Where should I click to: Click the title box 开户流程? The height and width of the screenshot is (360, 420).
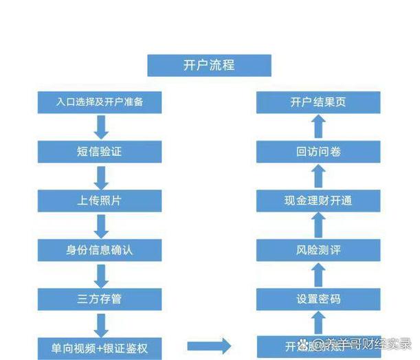[209, 65]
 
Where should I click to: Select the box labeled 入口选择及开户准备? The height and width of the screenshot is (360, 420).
[100, 103]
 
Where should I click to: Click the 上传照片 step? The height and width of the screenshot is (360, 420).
[100, 201]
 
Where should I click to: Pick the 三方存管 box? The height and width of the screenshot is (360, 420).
[100, 299]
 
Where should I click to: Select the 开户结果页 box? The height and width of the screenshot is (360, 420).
[318, 103]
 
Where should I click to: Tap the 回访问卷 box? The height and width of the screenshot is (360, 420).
[318, 152]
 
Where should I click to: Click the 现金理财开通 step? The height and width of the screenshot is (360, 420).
[318, 201]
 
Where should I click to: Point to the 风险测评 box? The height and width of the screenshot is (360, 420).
[318, 250]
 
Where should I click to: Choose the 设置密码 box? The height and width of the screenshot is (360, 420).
[318, 299]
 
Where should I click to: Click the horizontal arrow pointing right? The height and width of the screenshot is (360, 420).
[209, 346]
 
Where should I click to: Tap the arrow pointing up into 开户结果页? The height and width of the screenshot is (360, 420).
[317, 127]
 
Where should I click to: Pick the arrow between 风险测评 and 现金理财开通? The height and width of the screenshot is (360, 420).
[317, 225]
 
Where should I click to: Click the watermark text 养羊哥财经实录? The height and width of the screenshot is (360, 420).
[364, 344]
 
